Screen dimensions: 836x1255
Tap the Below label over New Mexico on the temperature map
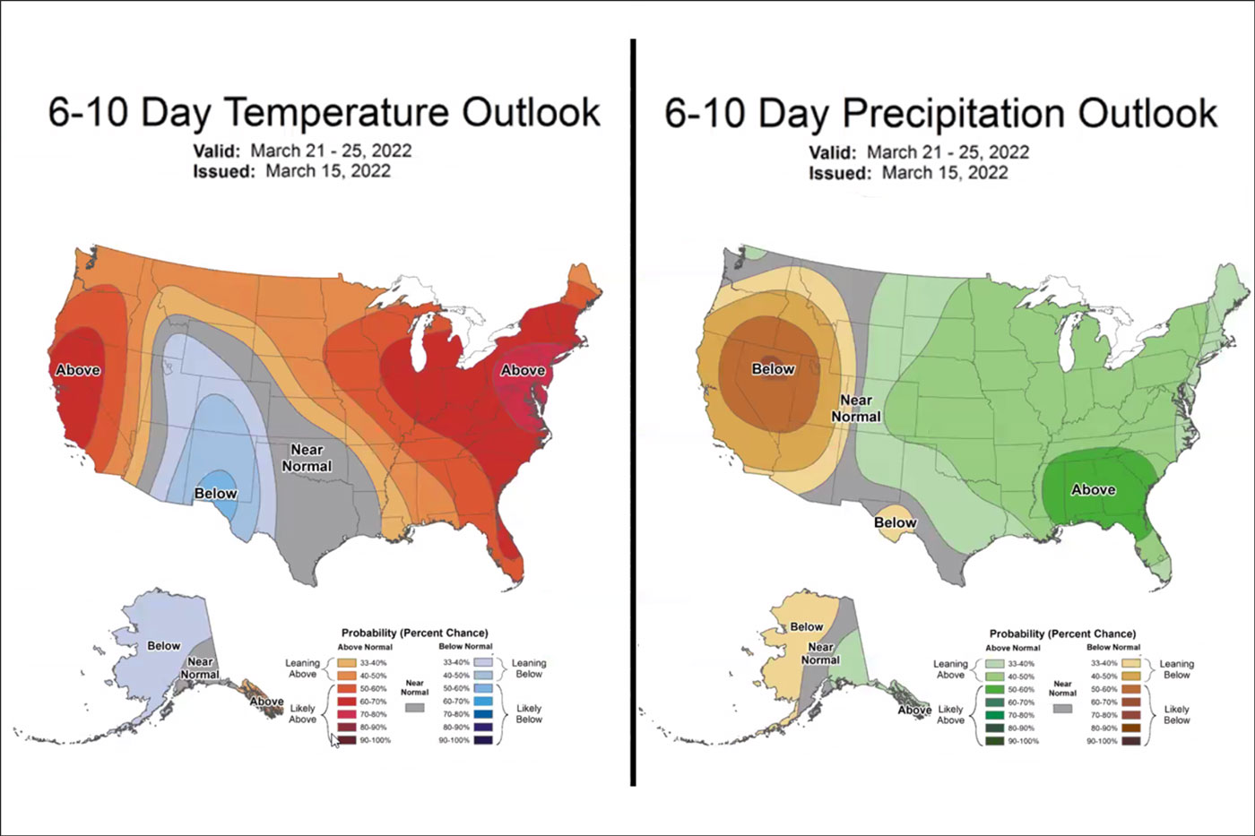pyautogui.click(x=215, y=494)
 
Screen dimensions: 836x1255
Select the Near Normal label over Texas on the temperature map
pyautogui.click(x=307, y=458)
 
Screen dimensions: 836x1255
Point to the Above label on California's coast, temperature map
pyautogui.click(x=78, y=370)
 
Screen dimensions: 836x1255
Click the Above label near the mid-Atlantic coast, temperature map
pyautogui.click(x=523, y=370)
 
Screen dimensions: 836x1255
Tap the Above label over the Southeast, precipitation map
pyautogui.click(x=1094, y=489)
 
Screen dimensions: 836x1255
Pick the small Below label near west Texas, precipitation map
pyautogui.click(x=895, y=522)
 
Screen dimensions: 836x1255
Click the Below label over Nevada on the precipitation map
pyautogui.click(x=773, y=369)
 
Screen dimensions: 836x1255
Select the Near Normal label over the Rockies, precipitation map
pyautogui.click(x=856, y=409)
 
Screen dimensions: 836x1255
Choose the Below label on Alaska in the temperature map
pyautogui.click(x=164, y=645)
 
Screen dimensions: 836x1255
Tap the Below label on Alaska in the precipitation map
pyautogui.click(x=806, y=626)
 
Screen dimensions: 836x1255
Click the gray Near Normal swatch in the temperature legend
pyautogui.click(x=414, y=708)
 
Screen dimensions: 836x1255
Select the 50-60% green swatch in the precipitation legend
pyautogui.click(x=992, y=689)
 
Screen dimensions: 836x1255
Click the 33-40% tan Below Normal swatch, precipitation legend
pyautogui.click(x=1130, y=663)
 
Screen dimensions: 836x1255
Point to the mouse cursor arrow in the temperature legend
pyautogui.click(x=335, y=740)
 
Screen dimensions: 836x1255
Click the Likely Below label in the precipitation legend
pyautogui.click(x=1176, y=714)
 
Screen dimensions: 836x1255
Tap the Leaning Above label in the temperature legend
pyautogui.click(x=302, y=668)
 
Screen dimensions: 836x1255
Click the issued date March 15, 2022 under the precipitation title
pyautogui.click(x=945, y=172)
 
